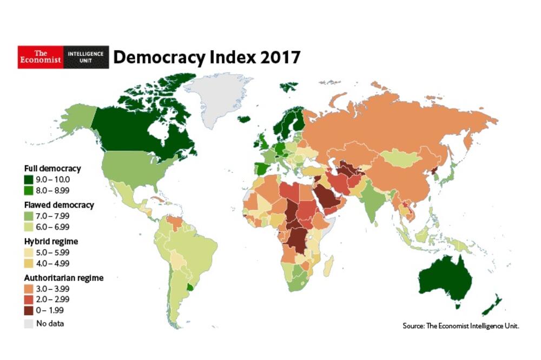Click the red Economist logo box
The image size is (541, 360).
tap(41, 57)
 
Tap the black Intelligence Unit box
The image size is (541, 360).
tap(86, 57)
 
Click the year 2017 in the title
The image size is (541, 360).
tap(280, 57)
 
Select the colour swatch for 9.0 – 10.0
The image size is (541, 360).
tap(29, 179)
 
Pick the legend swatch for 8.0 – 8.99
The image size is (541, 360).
tap(29, 190)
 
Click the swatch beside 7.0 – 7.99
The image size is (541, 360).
tap(29, 216)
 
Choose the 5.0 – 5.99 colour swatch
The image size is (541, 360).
tap(29, 252)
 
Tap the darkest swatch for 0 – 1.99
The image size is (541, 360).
tap(29, 310)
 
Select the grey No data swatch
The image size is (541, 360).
tap(29, 324)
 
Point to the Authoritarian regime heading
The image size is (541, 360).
tap(63, 278)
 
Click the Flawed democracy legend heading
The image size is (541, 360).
tap(59, 205)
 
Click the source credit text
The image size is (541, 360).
tap(460, 326)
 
